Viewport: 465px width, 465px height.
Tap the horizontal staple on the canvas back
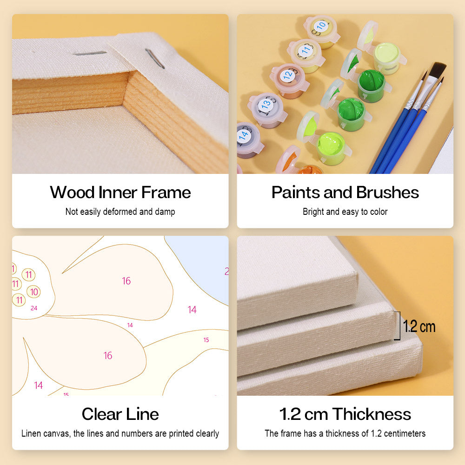[89, 53]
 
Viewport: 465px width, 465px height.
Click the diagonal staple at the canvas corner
[154, 59]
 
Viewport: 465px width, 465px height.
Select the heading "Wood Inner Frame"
[120, 192]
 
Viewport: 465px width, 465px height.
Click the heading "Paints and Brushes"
[345, 192]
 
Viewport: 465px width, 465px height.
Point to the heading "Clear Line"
[120, 414]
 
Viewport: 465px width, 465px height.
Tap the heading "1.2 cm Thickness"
[345, 414]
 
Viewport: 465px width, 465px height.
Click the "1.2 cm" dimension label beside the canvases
[419, 326]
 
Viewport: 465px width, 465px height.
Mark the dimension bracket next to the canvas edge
[399, 325]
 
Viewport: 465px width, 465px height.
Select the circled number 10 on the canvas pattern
[34, 292]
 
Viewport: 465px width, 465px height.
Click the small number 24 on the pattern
[34, 308]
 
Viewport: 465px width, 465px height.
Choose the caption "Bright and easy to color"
[345, 212]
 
